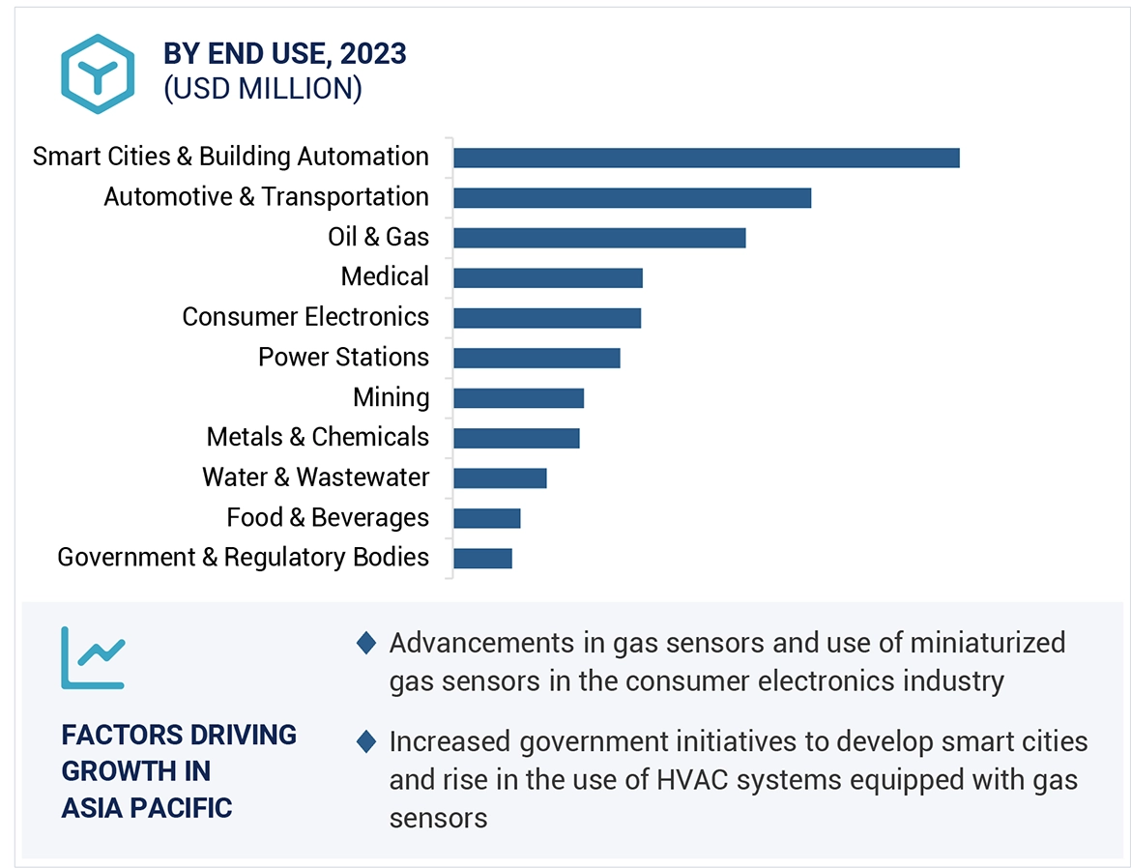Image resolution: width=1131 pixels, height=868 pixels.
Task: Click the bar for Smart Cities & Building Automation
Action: point(706,158)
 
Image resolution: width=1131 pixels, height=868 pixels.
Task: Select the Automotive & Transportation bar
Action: point(631,198)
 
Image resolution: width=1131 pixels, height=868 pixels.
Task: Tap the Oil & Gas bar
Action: point(599,238)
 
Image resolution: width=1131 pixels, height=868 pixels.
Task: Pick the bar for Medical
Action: point(547,278)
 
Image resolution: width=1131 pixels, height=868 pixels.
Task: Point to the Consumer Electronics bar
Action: point(546,318)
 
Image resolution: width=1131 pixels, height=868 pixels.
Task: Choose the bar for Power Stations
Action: point(536,358)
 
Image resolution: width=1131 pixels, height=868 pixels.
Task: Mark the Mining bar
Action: point(518,398)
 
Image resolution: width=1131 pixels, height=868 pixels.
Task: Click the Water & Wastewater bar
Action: point(500,477)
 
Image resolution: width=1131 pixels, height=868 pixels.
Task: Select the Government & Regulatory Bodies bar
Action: point(482,558)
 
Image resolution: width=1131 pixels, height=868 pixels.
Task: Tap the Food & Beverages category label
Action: point(328,518)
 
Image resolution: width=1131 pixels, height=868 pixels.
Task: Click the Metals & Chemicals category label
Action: point(318,437)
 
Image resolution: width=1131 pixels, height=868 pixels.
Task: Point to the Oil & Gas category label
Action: point(378,237)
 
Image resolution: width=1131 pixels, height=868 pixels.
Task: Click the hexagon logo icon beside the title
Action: point(98,73)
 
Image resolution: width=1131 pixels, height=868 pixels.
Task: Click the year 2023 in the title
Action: point(372,53)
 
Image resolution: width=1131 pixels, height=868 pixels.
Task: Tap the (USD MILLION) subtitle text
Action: point(263,89)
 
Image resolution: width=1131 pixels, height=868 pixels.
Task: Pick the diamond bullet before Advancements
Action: point(366,643)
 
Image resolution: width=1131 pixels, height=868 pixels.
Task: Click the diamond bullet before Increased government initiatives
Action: point(366,742)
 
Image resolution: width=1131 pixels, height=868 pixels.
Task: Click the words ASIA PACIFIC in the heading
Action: point(147,808)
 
